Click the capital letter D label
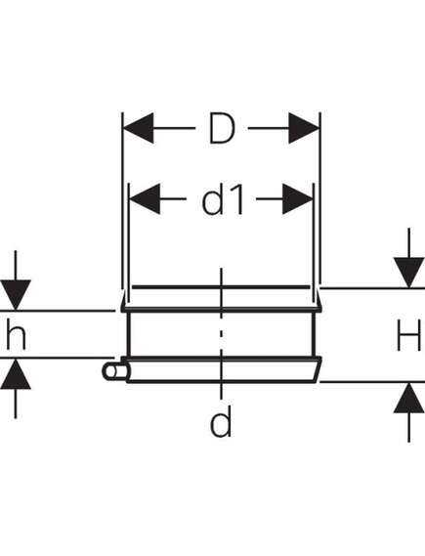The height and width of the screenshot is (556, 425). coord(222,128)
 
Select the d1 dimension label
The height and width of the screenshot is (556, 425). coord(223,198)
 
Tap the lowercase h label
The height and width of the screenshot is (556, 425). coord(16,333)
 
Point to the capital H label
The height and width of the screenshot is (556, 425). coord(409,335)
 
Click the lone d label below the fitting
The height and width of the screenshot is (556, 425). coord(221,420)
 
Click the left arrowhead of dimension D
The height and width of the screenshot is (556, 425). coord(138,128)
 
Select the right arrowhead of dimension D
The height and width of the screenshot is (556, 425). coord(305,128)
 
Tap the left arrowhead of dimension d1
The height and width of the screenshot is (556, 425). coord(145,198)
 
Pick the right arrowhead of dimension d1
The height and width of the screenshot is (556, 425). coord(298,198)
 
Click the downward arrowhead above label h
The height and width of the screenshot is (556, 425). coord(16,295)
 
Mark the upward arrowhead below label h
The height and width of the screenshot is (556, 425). coord(16,373)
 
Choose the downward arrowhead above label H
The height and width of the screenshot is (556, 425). coord(409,273)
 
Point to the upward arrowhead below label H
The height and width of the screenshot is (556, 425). coord(409,398)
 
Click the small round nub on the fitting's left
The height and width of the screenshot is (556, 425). coord(112,371)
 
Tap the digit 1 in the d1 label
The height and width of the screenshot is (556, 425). coord(238,199)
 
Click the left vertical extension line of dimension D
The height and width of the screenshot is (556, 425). coord(122,200)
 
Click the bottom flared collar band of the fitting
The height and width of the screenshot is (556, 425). coord(224,369)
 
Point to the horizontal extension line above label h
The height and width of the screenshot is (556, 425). coord(58,311)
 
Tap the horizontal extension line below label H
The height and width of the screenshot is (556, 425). coord(372,382)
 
